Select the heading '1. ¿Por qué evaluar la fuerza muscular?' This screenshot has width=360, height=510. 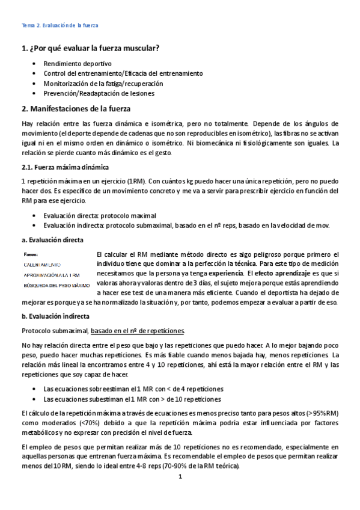90,49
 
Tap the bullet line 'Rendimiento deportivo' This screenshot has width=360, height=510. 78,63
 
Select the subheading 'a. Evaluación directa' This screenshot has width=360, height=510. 52,240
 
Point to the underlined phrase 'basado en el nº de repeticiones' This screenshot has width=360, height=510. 138,331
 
